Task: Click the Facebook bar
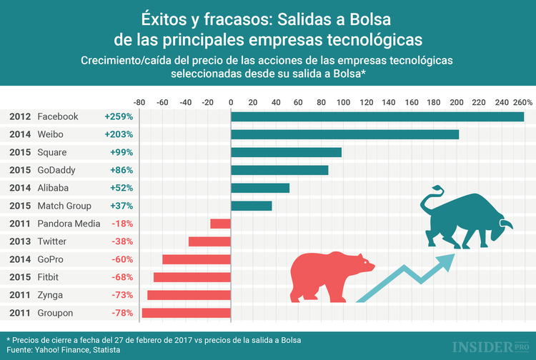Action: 377,116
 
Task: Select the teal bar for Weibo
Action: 344,134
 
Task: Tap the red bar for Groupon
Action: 186,313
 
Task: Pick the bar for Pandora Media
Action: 220,224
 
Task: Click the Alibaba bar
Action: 260,188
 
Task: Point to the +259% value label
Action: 119,116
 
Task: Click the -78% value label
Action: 121,313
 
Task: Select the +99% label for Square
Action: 121,152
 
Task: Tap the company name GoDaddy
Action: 56,170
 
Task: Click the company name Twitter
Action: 52,241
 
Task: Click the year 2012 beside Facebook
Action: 19,116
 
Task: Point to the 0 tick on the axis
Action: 231,102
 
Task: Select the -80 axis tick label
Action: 140,102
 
